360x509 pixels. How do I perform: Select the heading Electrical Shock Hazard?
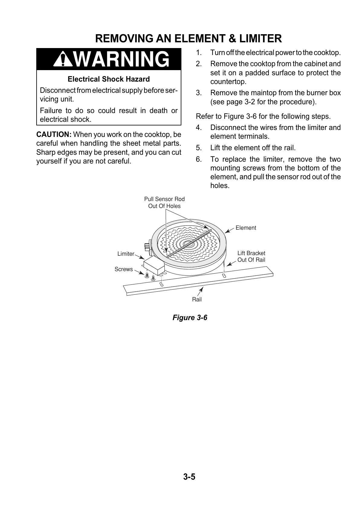109,79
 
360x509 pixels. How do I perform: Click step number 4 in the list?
199,128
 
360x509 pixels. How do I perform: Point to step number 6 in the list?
199,159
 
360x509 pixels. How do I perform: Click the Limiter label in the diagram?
126,254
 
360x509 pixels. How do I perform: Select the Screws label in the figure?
124,269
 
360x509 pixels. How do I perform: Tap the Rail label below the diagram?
197,299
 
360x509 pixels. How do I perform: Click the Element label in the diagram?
246,228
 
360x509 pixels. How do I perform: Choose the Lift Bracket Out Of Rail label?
251,256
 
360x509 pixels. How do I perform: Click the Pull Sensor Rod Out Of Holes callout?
164,203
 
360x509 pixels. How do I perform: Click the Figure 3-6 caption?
190,317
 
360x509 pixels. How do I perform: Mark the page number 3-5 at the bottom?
189,477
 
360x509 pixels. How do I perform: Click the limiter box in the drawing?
154,264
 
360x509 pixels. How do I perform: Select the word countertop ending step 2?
229,82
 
